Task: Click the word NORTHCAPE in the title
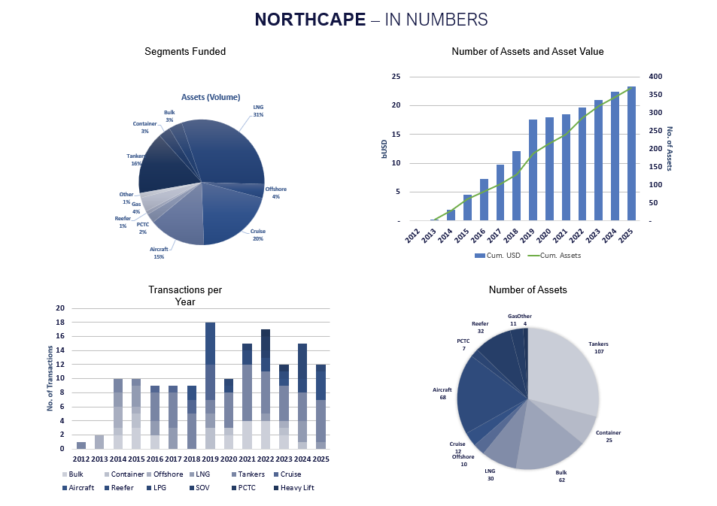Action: [x=309, y=20]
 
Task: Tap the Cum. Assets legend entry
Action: [x=561, y=256]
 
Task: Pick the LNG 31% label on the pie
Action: [x=258, y=111]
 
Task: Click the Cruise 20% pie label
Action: [x=258, y=235]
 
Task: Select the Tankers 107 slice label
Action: [x=598, y=347]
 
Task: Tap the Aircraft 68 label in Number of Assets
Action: [x=442, y=393]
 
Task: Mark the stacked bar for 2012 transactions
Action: [x=81, y=445]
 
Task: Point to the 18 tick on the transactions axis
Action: [x=61, y=322]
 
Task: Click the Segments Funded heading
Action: [x=185, y=52]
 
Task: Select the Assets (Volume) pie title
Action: [x=211, y=97]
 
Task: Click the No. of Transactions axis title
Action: [x=50, y=378]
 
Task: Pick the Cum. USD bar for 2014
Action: [x=451, y=215]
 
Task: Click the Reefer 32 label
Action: [x=480, y=327]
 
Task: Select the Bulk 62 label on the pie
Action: [x=561, y=476]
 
